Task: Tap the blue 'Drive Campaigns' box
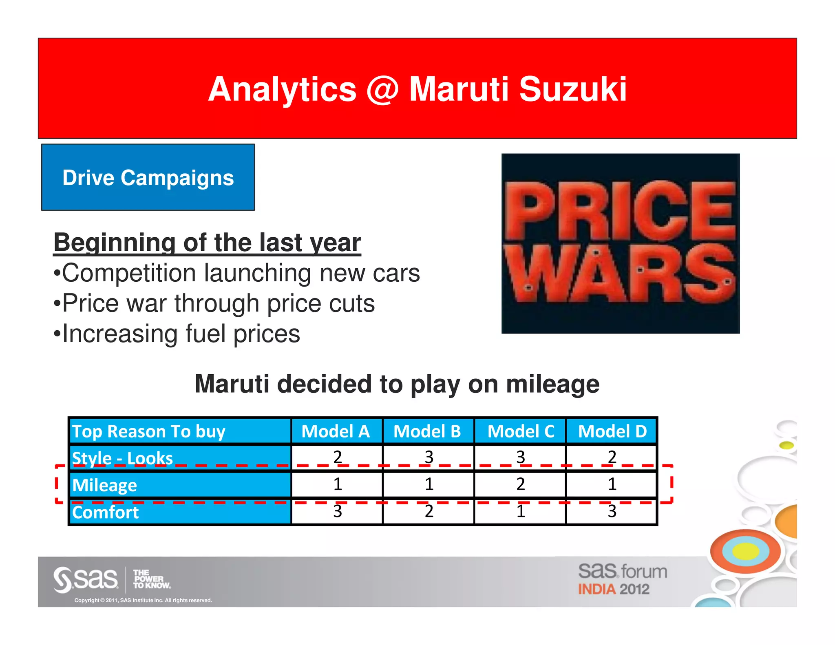click(x=148, y=177)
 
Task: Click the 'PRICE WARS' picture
click(x=620, y=243)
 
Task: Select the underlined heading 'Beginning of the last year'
click(x=207, y=243)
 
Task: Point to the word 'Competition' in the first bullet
click(x=129, y=273)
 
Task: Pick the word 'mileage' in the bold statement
click(x=552, y=384)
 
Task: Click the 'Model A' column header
click(x=336, y=431)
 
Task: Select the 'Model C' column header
click(x=521, y=431)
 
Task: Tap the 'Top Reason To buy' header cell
click(x=149, y=431)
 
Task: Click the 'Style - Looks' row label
click(x=122, y=458)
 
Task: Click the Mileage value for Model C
click(x=521, y=484)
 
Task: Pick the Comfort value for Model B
click(x=429, y=511)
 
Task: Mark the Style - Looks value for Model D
click(x=612, y=457)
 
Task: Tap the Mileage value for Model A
click(x=338, y=484)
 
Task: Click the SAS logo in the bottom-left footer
click(x=86, y=579)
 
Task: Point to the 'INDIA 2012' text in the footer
click(x=613, y=590)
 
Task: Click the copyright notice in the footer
click(x=143, y=600)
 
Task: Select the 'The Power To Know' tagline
click(x=151, y=579)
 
